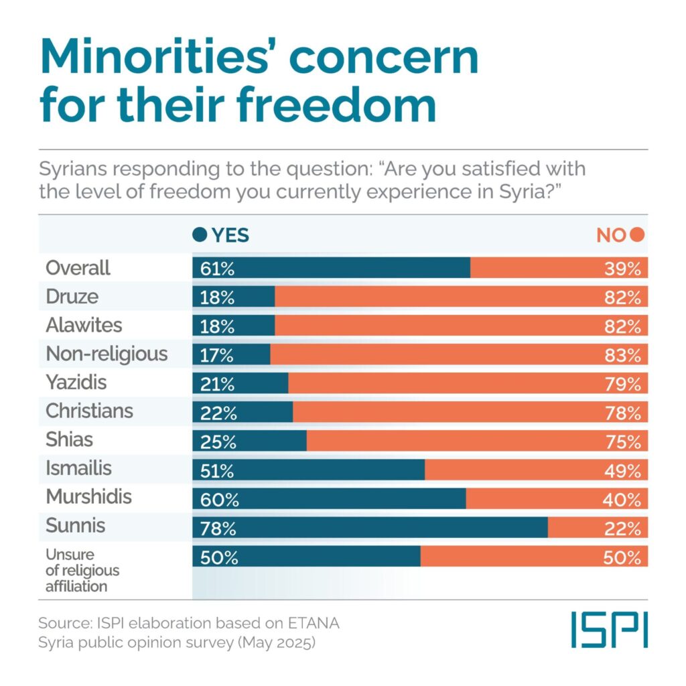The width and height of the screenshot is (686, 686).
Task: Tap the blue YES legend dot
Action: (x=199, y=235)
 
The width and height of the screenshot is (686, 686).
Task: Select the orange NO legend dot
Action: (x=637, y=235)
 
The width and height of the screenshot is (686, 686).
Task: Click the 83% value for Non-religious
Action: (x=623, y=354)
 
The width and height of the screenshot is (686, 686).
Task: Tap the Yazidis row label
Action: (x=76, y=383)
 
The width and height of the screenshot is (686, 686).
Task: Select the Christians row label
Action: (x=89, y=411)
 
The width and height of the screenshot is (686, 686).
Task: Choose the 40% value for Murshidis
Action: (x=623, y=499)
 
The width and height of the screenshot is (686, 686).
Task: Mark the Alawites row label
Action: (x=84, y=325)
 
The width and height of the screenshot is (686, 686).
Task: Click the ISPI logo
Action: (x=609, y=630)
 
